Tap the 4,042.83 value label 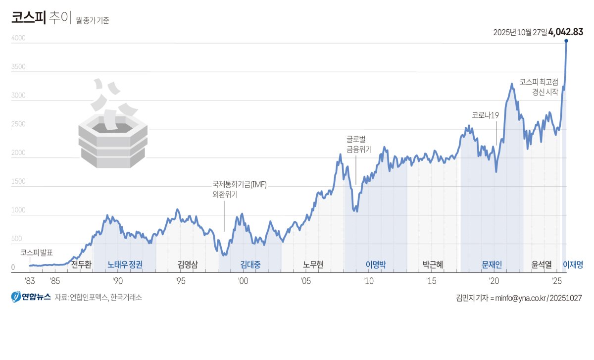click(x=565, y=32)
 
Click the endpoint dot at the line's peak click(x=566, y=41)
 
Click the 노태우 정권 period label click(x=125, y=264)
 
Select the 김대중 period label click(x=250, y=264)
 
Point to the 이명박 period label click(x=376, y=264)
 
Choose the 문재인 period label click(x=492, y=264)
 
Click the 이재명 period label click(x=573, y=264)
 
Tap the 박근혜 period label click(x=433, y=264)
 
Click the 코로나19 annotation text click(x=485, y=115)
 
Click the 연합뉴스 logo click(x=31, y=297)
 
